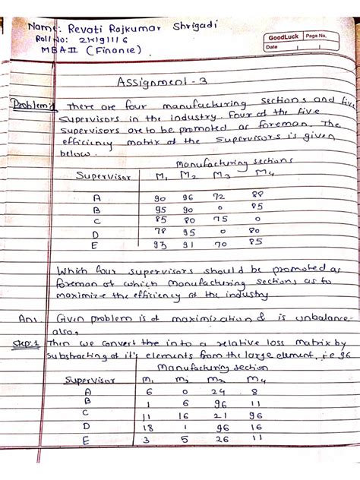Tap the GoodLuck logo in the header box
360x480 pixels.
(x=281, y=37)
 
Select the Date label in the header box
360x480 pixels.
(x=272, y=47)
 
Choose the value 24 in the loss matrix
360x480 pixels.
(x=220, y=392)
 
